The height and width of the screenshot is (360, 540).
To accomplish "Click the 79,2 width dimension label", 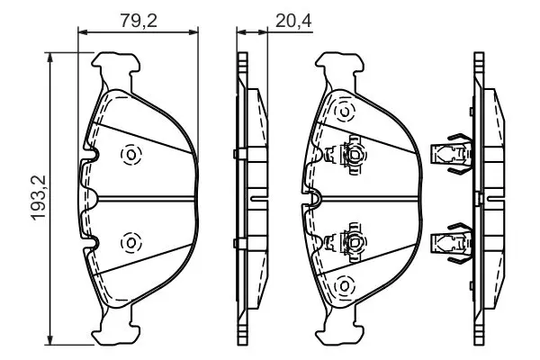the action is tap(139, 21).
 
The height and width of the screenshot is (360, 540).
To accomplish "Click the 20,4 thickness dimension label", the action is tap(293, 21).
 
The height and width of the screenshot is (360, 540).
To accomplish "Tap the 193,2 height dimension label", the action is tap(39, 198).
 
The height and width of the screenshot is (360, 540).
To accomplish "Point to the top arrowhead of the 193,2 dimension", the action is tap(50, 58).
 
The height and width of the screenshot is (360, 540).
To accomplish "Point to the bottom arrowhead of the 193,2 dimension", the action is tap(50, 341).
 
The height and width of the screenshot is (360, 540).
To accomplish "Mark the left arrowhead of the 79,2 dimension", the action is tap(83, 32).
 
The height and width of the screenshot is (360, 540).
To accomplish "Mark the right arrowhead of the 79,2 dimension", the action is tap(193, 32).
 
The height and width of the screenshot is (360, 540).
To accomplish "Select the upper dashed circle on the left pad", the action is tap(131, 154).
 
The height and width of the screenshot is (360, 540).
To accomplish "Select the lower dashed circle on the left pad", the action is tap(130, 242).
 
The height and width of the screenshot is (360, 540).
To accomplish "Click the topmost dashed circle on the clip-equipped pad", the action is tap(345, 112).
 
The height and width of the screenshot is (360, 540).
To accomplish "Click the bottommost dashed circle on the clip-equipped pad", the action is tap(345, 286).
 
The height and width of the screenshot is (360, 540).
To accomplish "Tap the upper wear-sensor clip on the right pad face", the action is tap(346, 155).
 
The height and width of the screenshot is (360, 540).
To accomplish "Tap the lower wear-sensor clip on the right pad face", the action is tap(346, 242).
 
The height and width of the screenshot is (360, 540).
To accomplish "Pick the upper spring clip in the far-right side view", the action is tap(452, 154).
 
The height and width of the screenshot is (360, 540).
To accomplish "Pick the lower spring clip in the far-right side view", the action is tap(452, 242).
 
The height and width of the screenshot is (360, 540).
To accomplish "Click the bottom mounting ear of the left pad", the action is tap(116, 329).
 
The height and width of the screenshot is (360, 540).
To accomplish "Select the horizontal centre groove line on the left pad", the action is tap(146, 198).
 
